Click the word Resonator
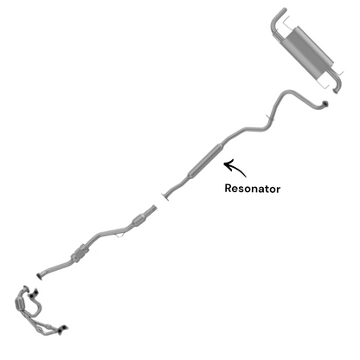tap(253, 189)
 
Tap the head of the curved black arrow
tap(226, 164)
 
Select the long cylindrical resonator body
tap(204, 161)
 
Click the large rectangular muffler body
tap(308, 52)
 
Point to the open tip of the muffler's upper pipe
tap(284, 10)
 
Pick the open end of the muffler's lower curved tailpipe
tap(336, 91)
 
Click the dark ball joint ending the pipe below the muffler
tap(325, 104)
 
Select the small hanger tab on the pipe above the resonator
tap(269, 117)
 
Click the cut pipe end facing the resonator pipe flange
tap(154, 209)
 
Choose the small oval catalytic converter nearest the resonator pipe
tap(139, 221)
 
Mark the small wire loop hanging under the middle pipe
tap(120, 235)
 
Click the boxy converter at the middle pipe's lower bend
tap(80, 254)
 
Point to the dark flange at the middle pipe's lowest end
tap(40, 276)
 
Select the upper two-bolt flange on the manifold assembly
tap(33, 293)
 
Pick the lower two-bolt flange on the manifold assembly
tap(63, 329)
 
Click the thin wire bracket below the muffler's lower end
tap(321, 83)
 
